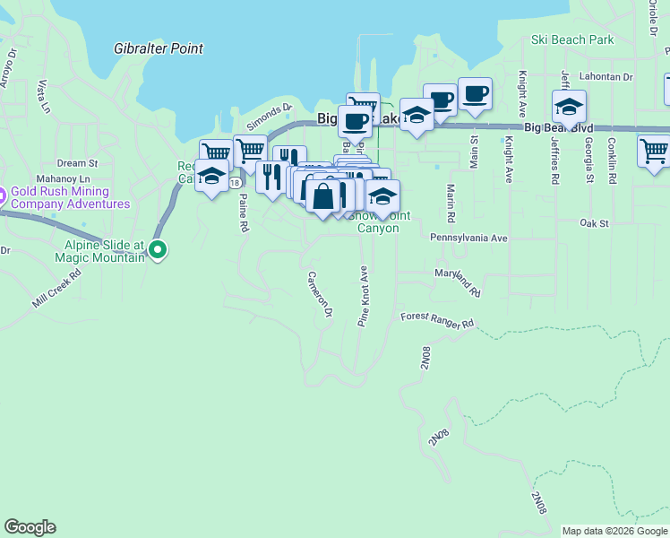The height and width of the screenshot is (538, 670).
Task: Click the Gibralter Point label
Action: point(159,48)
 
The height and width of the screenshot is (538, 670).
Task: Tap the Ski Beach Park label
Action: point(572,39)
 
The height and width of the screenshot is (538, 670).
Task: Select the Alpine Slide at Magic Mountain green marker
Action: point(158,250)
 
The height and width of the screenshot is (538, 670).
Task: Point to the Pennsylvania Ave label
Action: point(468,239)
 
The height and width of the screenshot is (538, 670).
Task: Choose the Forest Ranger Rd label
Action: point(436,319)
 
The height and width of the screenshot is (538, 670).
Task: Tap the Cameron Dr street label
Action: point(320,294)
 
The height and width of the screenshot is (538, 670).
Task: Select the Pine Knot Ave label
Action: point(364,296)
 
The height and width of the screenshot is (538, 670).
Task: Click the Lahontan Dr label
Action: point(606,77)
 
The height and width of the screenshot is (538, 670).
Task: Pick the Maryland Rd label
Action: point(458,282)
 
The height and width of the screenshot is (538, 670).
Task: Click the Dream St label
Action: point(77,163)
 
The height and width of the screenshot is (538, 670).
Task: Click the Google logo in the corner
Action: point(30,527)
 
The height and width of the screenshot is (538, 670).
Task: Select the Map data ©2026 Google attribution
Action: point(614,531)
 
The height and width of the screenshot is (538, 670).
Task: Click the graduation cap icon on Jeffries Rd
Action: point(569,107)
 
